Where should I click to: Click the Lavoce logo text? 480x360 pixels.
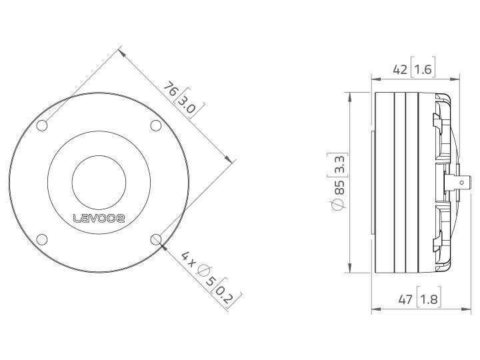click(98, 217)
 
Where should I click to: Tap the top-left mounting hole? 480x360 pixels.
click(41, 125)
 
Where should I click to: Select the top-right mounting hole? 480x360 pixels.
click(155, 125)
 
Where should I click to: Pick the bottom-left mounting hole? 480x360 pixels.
click(41, 239)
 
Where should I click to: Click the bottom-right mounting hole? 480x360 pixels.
click(156, 239)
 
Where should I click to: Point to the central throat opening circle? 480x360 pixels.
click(98, 182)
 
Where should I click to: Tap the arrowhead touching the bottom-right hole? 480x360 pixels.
click(163, 245)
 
